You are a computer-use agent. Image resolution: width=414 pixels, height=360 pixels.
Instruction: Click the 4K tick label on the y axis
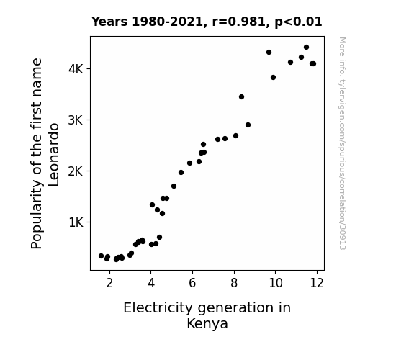click(x=76, y=69)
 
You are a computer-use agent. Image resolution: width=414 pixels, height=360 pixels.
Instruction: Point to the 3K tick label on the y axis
click(x=76, y=120)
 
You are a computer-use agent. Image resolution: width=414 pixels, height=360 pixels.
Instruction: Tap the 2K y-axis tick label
click(x=76, y=171)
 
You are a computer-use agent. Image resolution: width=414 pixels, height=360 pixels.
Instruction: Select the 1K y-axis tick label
click(x=76, y=222)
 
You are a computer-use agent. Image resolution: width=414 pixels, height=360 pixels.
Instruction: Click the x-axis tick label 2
click(x=109, y=283)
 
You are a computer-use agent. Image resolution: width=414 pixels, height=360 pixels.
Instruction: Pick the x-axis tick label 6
click(x=192, y=283)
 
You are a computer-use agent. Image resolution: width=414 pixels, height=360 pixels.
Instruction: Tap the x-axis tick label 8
click(x=234, y=283)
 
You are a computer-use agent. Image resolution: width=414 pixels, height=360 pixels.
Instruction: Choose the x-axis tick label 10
click(x=276, y=283)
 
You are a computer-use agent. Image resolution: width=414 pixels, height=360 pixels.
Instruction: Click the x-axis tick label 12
click(x=317, y=283)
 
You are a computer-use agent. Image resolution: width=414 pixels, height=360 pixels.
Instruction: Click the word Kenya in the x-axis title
click(x=207, y=324)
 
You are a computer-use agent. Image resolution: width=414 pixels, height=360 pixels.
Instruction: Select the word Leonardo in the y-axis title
click(x=53, y=155)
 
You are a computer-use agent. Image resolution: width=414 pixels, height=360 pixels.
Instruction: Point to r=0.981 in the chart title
click(x=239, y=22)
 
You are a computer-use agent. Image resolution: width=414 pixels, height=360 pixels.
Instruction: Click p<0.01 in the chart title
click(x=298, y=22)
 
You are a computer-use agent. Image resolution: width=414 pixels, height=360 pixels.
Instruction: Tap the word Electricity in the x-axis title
click(x=158, y=308)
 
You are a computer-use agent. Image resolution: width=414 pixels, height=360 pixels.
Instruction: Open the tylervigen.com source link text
click(x=342, y=143)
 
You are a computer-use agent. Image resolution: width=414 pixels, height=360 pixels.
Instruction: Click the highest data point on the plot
click(x=306, y=48)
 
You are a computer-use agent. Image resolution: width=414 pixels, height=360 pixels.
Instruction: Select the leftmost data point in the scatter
click(x=101, y=256)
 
